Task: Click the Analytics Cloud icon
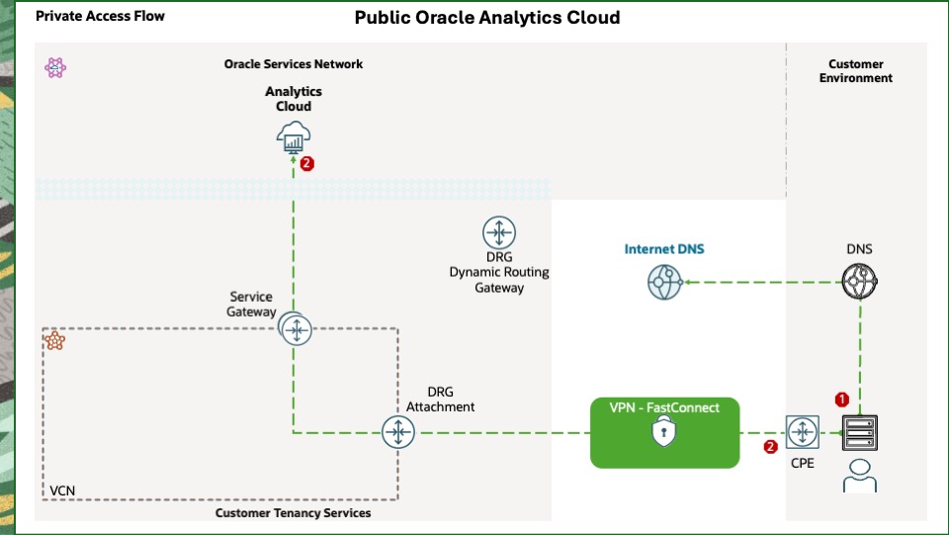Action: pos(294,138)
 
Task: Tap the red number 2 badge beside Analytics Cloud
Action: pos(306,164)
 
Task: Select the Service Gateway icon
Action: pos(296,328)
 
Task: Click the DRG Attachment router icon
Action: pos(398,431)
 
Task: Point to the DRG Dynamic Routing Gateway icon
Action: pos(498,233)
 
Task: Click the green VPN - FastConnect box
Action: pos(664,432)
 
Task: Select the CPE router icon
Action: pos(802,432)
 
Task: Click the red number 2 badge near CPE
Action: pos(771,446)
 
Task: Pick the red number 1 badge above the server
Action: pos(841,400)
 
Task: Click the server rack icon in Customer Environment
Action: pos(858,432)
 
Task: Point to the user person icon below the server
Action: pos(858,475)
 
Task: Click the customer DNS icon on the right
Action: pos(860,283)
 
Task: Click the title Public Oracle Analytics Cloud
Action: pos(487,18)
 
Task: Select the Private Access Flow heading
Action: pos(100,17)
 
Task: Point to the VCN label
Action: pos(62,490)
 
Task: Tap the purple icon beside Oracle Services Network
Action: pos(55,67)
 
